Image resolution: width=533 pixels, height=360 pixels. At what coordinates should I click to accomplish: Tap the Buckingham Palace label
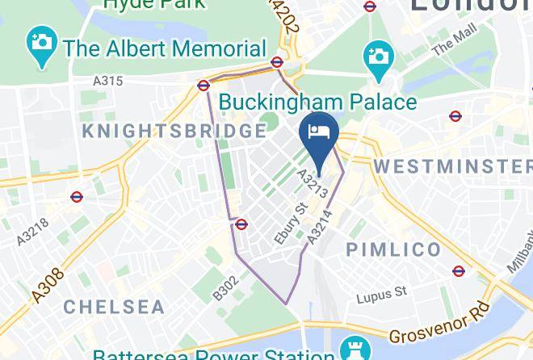pos(318,103)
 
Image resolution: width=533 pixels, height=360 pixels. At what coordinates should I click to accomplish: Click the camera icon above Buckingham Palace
pos(377,56)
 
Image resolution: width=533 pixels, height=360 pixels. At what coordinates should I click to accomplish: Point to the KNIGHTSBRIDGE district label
pos(174,131)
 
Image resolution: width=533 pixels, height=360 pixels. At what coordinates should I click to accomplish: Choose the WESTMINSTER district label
pos(452,166)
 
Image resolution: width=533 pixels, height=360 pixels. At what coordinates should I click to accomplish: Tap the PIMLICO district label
pos(394,249)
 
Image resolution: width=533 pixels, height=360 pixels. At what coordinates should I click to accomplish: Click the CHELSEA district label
pos(114,307)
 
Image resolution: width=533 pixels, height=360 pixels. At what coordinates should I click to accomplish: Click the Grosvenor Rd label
pos(439,323)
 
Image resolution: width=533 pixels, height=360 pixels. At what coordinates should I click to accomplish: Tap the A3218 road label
pos(32,232)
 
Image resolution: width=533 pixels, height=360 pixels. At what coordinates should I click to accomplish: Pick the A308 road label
pos(48,287)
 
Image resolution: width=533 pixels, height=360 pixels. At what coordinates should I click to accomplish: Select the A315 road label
pos(107,81)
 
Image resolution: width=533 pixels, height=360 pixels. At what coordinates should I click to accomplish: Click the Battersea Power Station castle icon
pos(352,350)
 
